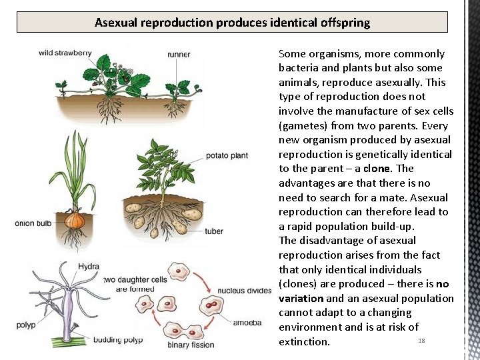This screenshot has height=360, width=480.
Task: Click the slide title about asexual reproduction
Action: pyautogui.click(x=232, y=23)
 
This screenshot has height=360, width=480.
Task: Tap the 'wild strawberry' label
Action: pyautogui.click(x=65, y=53)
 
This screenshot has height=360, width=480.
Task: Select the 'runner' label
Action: pyautogui.click(x=179, y=54)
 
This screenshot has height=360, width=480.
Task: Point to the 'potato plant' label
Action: pyautogui.click(x=227, y=155)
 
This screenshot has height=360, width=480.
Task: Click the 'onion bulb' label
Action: pyautogui.click(x=33, y=223)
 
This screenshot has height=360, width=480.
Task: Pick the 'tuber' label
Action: pyautogui.click(x=214, y=231)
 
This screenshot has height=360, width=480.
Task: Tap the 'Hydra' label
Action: pyautogui.click(x=89, y=267)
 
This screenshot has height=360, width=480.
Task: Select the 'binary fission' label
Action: pyautogui.click(x=191, y=345)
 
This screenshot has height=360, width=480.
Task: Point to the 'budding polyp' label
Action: pyautogui.click(x=117, y=340)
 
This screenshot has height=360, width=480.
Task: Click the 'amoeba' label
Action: pyautogui.click(x=247, y=323)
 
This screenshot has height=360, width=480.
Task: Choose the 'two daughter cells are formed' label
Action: pyautogui.click(x=135, y=284)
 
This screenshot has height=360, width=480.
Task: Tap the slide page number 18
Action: pyautogui.click(x=421, y=341)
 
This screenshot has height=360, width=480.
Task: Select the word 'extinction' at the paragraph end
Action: pyautogui.click(x=304, y=342)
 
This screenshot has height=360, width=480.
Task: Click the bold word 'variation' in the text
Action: pyautogui.click(x=301, y=299)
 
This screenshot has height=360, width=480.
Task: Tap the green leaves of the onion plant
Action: pyautogui.click(x=77, y=167)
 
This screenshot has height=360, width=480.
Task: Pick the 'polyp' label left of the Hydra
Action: pyautogui.click(x=26, y=325)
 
